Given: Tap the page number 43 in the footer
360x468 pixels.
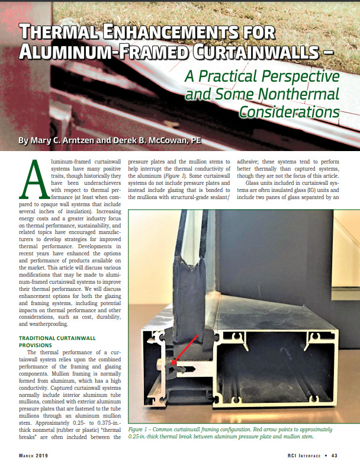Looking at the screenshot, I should point(334,455).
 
